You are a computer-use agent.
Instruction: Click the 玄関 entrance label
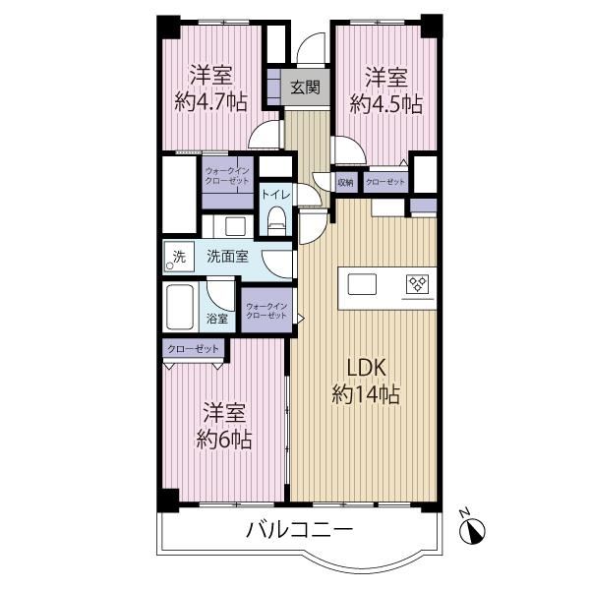coord(305,88)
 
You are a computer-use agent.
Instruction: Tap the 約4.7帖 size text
coord(210,101)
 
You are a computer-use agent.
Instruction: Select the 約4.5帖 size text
coord(386,103)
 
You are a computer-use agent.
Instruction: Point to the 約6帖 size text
coord(224,439)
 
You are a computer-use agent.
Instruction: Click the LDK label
coord(366,368)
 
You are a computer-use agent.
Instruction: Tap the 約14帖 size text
coord(366,394)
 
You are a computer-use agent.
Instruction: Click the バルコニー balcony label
coord(300,530)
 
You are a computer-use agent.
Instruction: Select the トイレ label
coord(275,195)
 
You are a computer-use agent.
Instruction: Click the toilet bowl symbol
coord(276,221)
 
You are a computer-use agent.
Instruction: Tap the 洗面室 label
coord(228,257)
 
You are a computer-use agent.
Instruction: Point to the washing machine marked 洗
coord(179,257)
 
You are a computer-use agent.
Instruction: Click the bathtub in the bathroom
coord(180,308)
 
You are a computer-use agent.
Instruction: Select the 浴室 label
coord(217,319)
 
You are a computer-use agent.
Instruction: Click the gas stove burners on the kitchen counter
coord(417,284)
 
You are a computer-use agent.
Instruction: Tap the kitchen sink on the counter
coord(362,284)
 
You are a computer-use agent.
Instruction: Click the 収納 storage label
coord(345,183)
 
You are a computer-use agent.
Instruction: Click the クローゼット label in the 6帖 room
coord(193,349)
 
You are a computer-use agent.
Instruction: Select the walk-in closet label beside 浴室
coord(266,311)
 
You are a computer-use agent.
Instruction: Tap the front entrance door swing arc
coord(311,43)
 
